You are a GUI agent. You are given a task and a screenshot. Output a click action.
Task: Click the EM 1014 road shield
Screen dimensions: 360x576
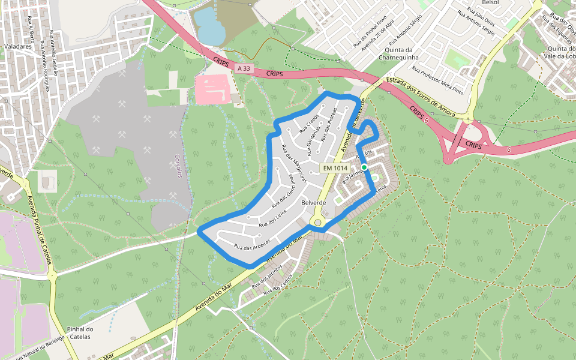coord(335,169)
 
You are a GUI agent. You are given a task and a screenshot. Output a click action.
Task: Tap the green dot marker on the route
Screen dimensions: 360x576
coord(364,167)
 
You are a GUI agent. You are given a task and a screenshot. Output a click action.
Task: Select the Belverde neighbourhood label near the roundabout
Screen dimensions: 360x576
coord(313,203)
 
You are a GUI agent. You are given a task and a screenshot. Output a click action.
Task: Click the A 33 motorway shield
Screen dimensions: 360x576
coord(243,68)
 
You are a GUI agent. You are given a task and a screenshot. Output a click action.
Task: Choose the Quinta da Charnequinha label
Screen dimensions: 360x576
coord(398,53)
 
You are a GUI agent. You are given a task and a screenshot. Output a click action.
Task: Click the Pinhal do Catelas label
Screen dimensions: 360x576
coord(79,332)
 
